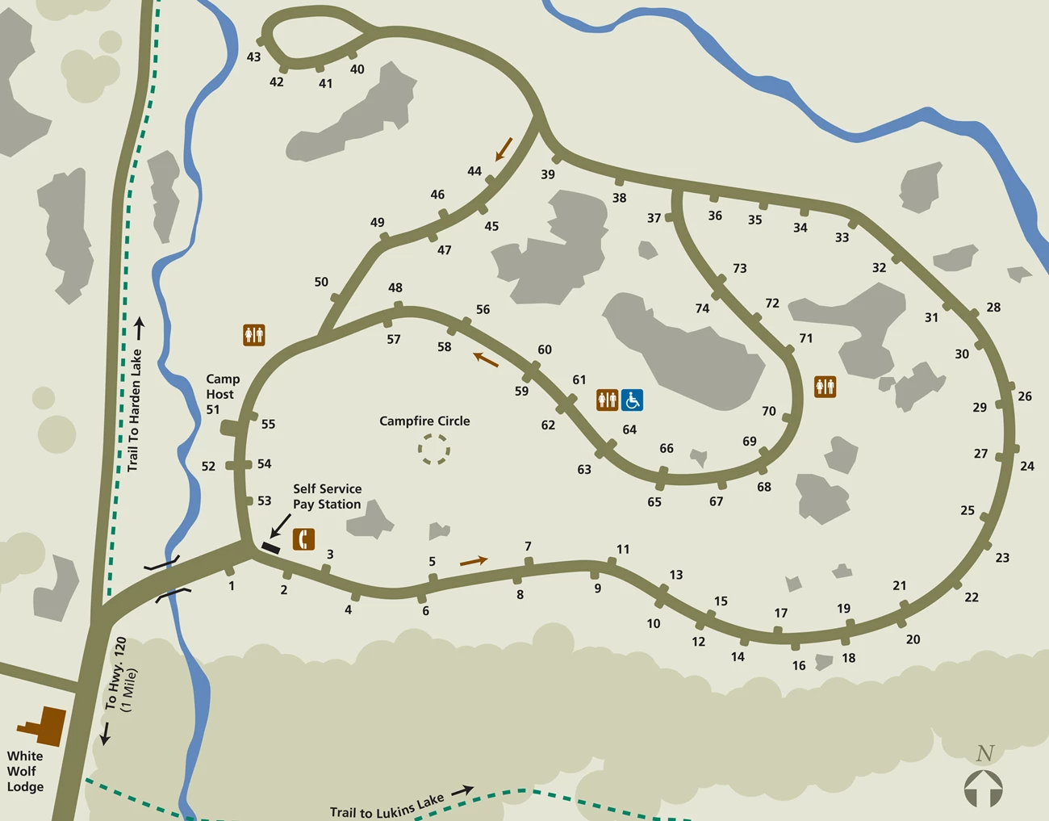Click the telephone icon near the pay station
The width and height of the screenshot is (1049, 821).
coord(303,538)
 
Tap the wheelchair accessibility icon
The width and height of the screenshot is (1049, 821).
coord(632,400)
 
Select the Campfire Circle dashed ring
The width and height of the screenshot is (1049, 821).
coord(433,449)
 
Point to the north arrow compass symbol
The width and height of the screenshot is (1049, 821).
coord(983,787)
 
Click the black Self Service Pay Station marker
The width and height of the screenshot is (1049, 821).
coord(271,548)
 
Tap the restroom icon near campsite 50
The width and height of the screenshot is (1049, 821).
coord(254,334)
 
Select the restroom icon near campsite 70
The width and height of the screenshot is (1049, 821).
coord(825,387)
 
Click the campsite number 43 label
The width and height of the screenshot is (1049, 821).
coord(253,57)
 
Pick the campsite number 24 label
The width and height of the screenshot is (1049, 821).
coord(1026,466)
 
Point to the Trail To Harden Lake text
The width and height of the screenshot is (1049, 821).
coord(135,410)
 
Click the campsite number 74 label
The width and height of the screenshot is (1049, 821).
coord(702,308)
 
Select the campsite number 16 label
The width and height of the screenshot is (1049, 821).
coord(798,666)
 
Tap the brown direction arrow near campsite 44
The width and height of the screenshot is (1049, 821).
coord(504,149)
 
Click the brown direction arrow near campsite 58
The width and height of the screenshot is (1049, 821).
coord(486,359)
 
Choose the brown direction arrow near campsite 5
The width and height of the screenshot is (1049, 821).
coord(474,560)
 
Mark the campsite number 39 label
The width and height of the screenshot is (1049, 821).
coord(548,174)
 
